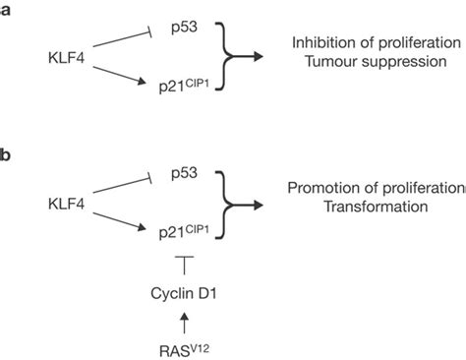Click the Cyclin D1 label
(182, 291)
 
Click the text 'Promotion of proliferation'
(376, 187)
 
